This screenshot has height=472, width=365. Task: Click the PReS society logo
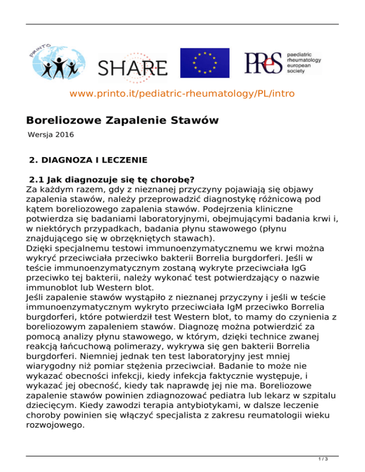(283, 62)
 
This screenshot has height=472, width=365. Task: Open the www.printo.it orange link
(182, 94)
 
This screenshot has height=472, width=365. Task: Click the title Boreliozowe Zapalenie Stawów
(122, 120)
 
